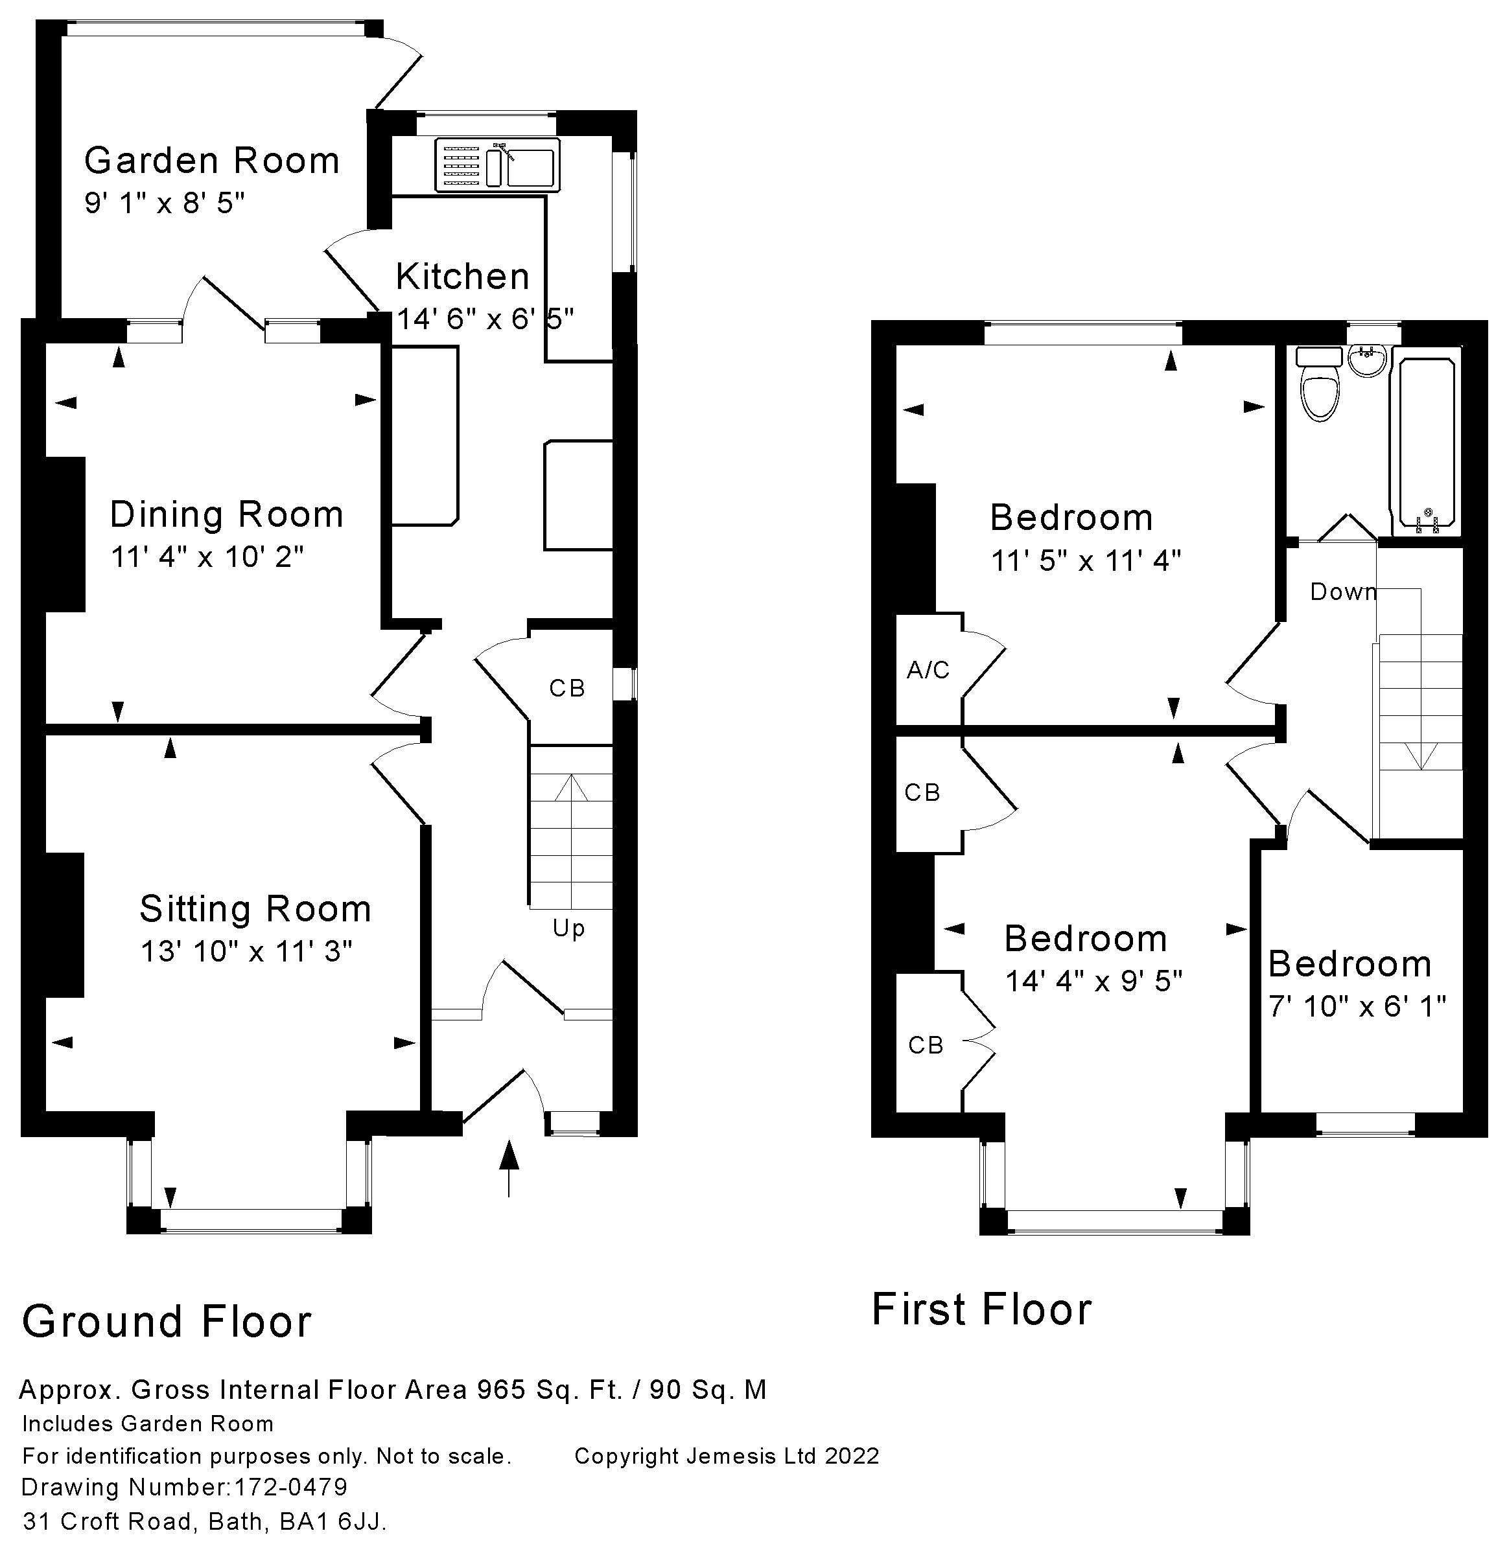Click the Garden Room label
pos(212,161)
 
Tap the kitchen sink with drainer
pos(496,165)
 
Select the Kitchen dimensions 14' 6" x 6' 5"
pos(484,319)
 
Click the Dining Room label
pos(226,515)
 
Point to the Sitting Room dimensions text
pos(246,950)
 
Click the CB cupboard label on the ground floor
pos(567,689)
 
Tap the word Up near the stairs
pos(568,928)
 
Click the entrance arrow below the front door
pos(509,1166)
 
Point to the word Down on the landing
pos(1343,592)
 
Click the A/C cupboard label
pos(928,671)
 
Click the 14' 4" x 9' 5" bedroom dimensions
pos(1093,982)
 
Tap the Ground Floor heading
pos(167,1322)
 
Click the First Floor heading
pos(981,1309)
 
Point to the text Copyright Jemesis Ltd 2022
pos(726,1456)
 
